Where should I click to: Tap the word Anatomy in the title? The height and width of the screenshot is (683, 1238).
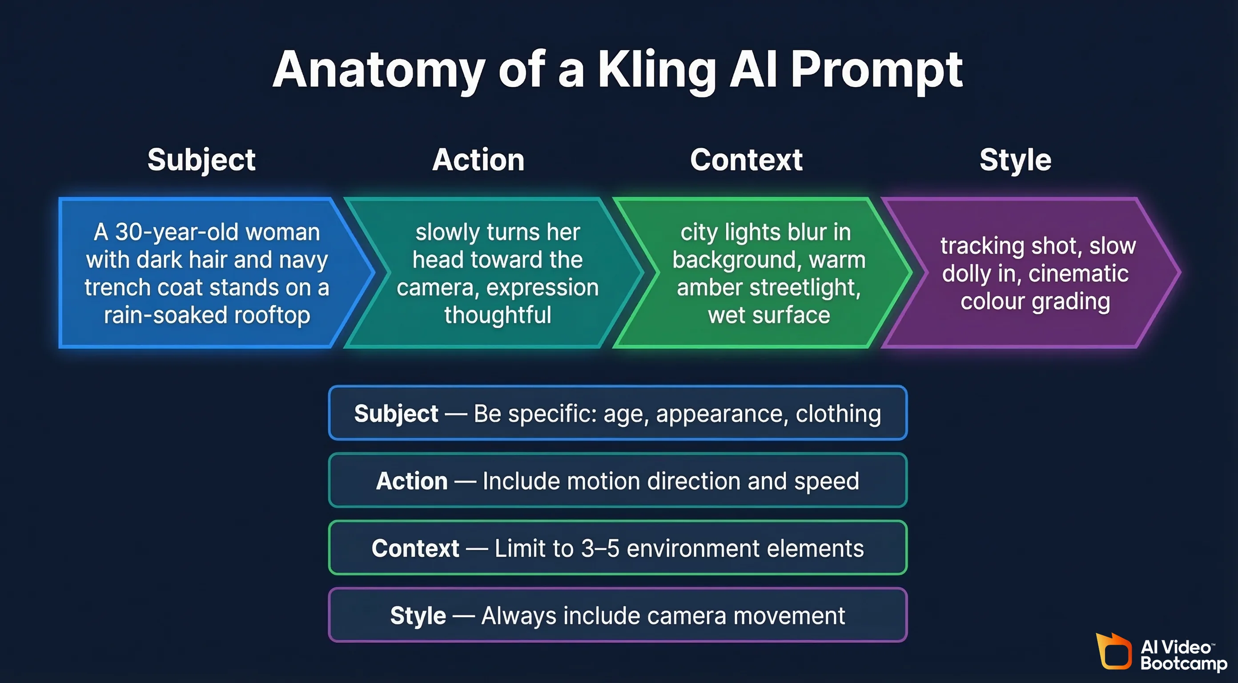(x=379, y=71)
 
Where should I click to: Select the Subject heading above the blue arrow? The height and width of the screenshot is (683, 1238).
(x=201, y=160)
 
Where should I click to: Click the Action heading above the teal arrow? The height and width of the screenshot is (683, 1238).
(x=478, y=160)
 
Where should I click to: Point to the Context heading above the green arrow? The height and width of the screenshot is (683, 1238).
(x=746, y=160)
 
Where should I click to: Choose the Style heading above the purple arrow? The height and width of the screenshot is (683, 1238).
(x=1016, y=160)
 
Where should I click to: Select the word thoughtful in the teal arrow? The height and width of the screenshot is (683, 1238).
(x=498, y=315)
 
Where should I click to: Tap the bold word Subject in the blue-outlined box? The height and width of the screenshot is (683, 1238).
(x=396, y=414)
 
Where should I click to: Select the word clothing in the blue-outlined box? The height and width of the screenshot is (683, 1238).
(x=838, y=414)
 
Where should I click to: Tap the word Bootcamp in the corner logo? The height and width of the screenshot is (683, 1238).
(x=1183, y=664)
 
